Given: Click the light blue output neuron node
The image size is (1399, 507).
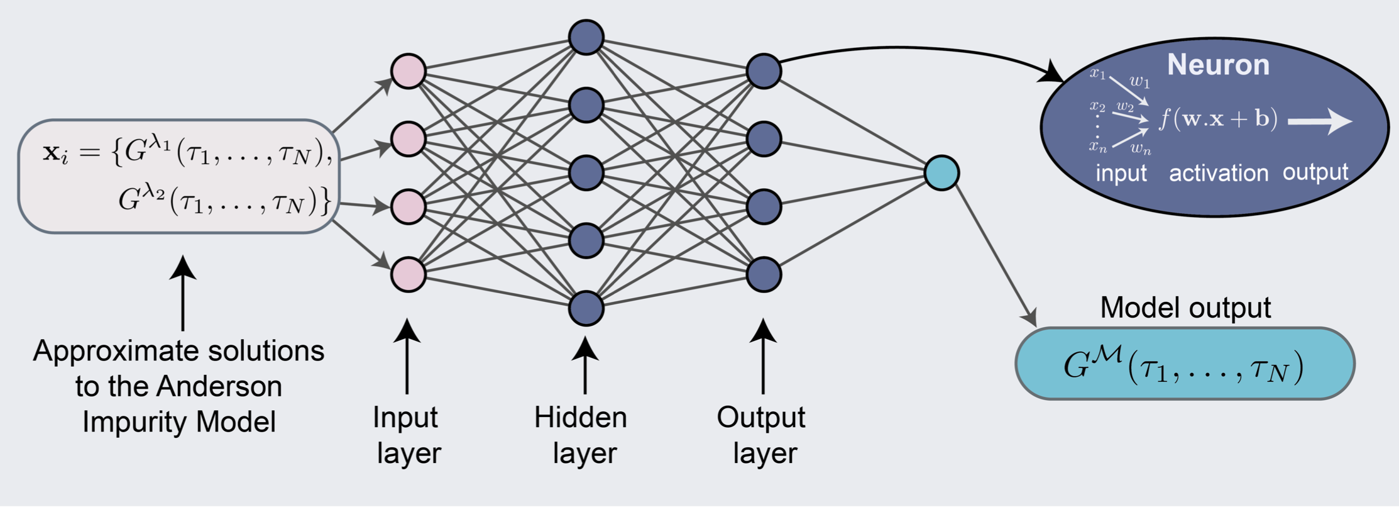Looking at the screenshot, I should pyautogui.click(x=941, y=173).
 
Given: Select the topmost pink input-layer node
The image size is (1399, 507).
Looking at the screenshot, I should pyautogui.click(x=409, y=71).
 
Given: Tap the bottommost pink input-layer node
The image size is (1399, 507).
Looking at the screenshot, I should pyautogui.click(x=409, y=274).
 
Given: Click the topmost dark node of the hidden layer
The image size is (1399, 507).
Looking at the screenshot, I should pyautogui.click(x=586, y=37).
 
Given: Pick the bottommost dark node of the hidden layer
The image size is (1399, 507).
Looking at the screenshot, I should pyautogui.click(x=586, y=308).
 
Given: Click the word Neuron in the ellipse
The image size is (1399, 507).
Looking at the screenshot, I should pyautogui.click(x=1218, y=65).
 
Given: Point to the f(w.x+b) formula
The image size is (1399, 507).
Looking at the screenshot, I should pyautogui.click(x=1218, y=119).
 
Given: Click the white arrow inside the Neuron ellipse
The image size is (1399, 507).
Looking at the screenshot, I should pyautogui.click(x=1320, y=121).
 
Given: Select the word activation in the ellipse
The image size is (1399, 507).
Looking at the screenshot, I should pyautogui.click(x=1218, y=173).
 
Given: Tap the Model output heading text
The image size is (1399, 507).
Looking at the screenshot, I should pyautogui.click(x=1185, y=308).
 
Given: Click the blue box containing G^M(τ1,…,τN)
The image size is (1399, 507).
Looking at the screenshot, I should pyautogui.click(x=1185, y=364).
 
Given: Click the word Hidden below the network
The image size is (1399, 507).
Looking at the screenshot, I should pyautogui.click(x=580, y=417).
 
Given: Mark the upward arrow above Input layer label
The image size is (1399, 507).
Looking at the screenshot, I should pyautogui.click(x=407, y=356).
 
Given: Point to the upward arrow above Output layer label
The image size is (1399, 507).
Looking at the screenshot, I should pyautogui.click(x=763, y=356).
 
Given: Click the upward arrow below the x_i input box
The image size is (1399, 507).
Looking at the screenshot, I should pyautogui.click(x=183, y=292).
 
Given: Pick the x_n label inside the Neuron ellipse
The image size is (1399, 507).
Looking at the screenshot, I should pyautogui.click(x=1098, y=147).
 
